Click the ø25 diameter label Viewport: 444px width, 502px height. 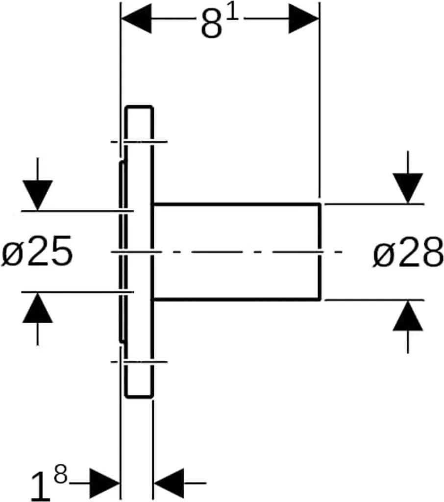37,251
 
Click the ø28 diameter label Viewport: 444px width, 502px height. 408,252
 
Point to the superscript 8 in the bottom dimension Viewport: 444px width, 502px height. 61,475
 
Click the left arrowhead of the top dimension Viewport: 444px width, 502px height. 136,18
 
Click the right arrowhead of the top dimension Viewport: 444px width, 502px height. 304,18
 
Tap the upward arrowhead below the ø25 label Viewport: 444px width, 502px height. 38,308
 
